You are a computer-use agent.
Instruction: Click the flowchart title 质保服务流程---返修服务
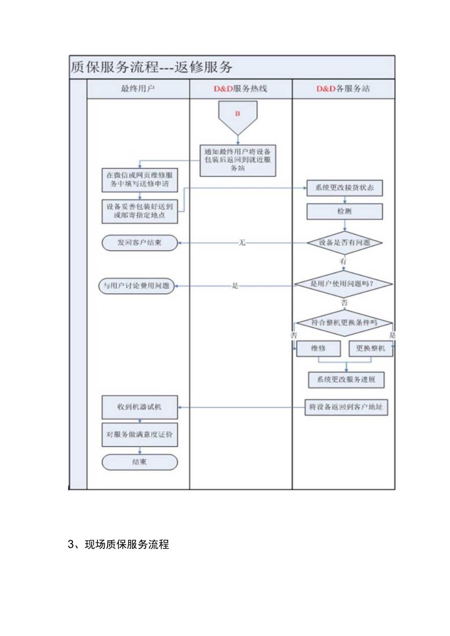coord(152,67)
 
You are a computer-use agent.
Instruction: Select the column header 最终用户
coord(138,89)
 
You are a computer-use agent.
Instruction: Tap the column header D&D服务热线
coord(241,89)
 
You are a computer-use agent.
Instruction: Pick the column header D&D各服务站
coord(343,89)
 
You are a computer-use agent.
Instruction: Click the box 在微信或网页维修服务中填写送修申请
coord(140,180)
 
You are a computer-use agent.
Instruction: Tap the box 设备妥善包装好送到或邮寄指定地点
coord(140,211)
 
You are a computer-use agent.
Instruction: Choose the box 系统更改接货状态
coord(345,188)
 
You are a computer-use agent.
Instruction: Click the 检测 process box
coord(345,212)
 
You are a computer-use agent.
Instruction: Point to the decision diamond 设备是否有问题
coord(345,242)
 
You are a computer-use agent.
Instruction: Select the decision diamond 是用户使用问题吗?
coord(344,284)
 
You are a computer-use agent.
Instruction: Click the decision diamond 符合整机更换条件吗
coord(345,323)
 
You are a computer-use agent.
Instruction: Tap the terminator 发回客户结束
coord(140,242)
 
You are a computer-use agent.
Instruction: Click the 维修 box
coord(318,349)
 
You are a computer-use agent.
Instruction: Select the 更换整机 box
coord(370,349)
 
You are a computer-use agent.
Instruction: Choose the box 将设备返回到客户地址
coord(346,407)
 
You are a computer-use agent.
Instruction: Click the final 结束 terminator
coord(140,462)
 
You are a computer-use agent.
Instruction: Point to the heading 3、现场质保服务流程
coord(118,544)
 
